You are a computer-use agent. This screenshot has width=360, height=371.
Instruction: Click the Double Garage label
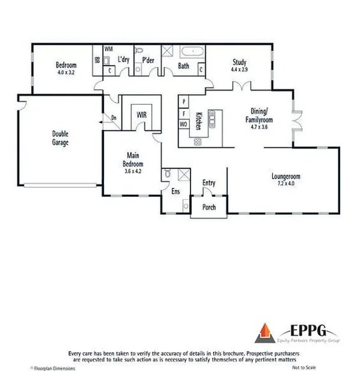point(61,138)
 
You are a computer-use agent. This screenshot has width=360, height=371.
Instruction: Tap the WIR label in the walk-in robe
point(141,114)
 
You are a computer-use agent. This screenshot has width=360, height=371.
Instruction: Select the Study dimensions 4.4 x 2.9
point(239,69)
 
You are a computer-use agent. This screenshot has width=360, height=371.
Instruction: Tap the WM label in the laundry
point(108,49)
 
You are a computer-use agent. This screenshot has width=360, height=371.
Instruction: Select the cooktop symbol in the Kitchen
point(198,142)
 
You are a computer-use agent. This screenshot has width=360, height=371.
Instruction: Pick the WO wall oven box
point(184,124)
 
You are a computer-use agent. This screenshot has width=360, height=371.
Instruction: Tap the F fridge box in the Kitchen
point(184,113)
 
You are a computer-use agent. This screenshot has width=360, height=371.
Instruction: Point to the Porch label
point(208,207)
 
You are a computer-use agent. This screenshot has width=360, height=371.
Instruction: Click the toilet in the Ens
point(166,173)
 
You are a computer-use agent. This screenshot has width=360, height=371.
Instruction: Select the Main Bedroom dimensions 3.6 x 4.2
point(133,171)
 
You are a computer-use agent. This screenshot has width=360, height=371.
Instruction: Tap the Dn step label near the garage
point(113,117)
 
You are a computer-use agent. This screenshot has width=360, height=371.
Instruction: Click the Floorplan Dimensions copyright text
point(53,368)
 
